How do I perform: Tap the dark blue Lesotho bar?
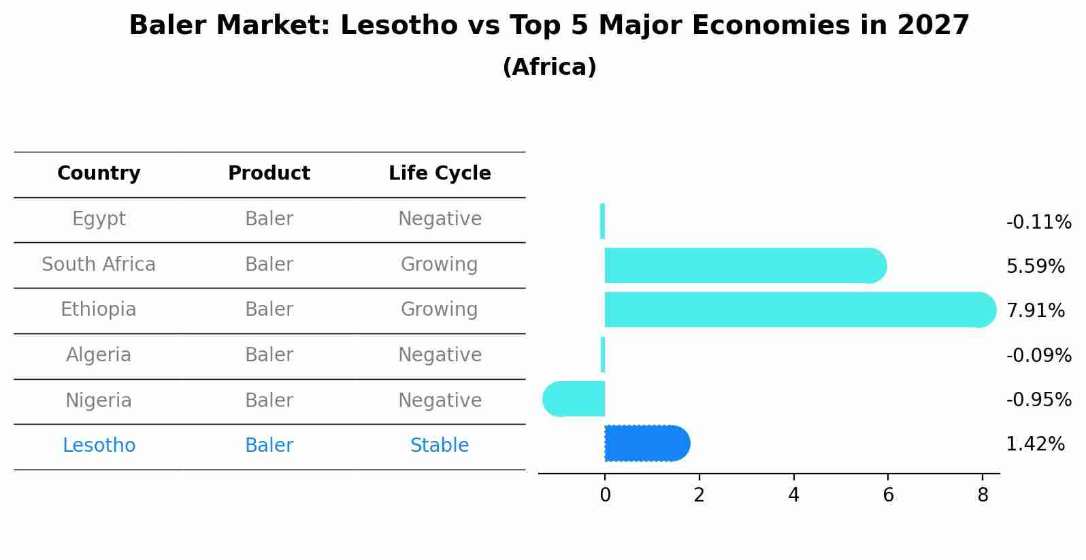click(646, 444)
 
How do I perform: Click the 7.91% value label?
click(1035, 311)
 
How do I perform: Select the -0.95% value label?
click(1038, 400)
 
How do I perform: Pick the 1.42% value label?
click(1035, 444)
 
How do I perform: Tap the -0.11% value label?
click(1038, 223)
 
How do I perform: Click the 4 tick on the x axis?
click(793, 495)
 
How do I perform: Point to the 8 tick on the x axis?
click(982, 495)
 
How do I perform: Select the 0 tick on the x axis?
click(605, 495)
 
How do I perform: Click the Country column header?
click(99, 174)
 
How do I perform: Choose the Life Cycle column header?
click(440, 174)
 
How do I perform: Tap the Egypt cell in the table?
click(99, 219)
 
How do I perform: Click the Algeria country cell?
click(99, 355)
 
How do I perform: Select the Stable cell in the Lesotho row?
click(440, 446)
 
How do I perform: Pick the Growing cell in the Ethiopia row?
click(440, 310)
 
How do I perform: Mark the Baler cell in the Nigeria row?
click(269, 401)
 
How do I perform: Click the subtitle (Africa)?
click(549, 67)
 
